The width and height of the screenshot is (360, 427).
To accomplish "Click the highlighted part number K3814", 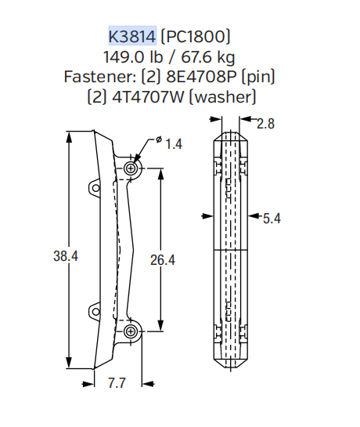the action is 132,36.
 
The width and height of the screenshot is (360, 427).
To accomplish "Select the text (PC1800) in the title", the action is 196,36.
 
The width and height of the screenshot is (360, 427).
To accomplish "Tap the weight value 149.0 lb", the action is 133,57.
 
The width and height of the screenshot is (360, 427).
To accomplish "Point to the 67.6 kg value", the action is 208,57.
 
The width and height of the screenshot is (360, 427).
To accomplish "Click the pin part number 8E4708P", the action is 201,77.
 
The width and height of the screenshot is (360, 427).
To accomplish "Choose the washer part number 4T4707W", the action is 148,96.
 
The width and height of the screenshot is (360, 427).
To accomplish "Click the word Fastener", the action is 100,77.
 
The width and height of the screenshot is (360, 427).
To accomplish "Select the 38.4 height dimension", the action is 66,256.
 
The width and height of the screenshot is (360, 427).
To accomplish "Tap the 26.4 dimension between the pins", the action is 163,260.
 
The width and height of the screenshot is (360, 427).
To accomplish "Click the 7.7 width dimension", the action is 117,383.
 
